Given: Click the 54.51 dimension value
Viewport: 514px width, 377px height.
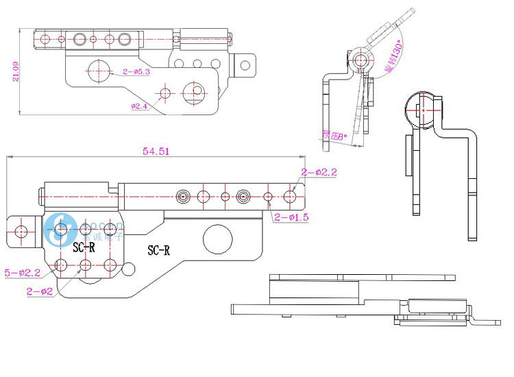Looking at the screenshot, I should coord(156,152).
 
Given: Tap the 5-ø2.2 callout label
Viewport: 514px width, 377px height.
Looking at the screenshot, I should coord(23,273).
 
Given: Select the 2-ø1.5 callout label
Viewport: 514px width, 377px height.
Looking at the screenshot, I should coord(291,217).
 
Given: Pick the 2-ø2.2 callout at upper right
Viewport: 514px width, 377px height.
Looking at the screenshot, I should coord(319,172).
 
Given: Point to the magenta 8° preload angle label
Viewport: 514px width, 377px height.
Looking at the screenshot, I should coord(334,136).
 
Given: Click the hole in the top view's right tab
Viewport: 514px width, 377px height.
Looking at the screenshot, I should coord(244,65).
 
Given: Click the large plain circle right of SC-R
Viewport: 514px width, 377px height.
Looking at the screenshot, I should coord(217,240).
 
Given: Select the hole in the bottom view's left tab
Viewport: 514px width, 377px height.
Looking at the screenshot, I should coord(22,231).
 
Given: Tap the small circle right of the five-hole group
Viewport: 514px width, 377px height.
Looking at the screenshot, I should coord(127,267).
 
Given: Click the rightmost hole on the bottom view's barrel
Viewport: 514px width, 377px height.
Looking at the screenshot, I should coord(290,197).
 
